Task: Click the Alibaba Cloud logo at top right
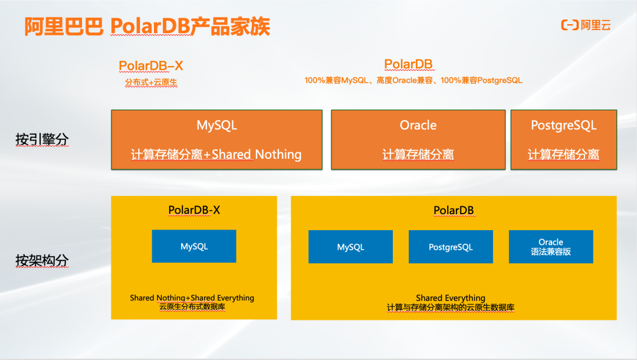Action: click(x=585, y=25)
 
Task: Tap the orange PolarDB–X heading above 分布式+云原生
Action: click(x=151, y=66)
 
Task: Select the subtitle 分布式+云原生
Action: click(x=151, y=83)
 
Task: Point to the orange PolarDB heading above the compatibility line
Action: click(x=408, y=64)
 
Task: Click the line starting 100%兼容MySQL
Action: click(x=413, y=80)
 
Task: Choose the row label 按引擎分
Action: click(x=42, y=140)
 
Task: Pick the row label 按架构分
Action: click(x=42, y=260)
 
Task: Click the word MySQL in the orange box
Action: click(x=216, y=125)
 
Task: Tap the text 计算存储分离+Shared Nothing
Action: click(x=216, y=155)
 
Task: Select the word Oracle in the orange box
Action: click(x=418, y=125)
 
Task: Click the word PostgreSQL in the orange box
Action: click(x=563, y=125)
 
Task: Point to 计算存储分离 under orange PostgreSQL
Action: click(x=563, y=155)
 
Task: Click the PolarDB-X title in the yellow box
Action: click(x=194, y=210)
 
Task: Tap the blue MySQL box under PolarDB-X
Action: click(x=194, y=246)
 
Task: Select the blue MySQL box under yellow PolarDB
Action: click(x=350, y=247)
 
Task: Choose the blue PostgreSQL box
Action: click(x=451, y=247)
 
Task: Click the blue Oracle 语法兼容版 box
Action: click(x=551, y=247)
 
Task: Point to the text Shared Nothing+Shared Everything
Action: click(x=192, y=298)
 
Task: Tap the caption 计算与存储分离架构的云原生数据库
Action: click(x=451, y=307)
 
